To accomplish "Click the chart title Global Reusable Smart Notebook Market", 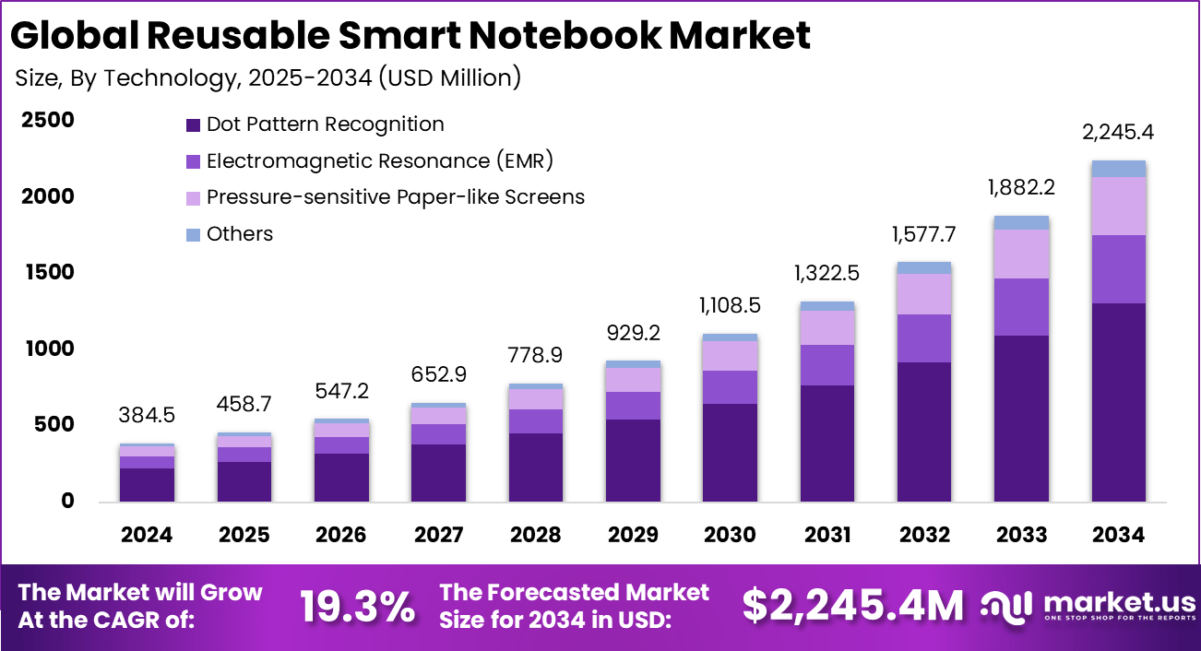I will [x=410, y=35].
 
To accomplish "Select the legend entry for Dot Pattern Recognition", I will [x=325, y=124].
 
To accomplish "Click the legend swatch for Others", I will [x=193, y=234].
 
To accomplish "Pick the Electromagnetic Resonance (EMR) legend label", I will [x=379, y=161].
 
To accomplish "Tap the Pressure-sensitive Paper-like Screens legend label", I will [x=395, y=197].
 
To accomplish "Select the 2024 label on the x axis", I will [x=147, y=536].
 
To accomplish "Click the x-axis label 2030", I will [x=730, y=536].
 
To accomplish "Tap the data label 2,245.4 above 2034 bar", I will [x=1117, y=133].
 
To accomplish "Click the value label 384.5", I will [x=147, y=416].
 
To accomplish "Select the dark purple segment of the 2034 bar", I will [x=1117, y=402].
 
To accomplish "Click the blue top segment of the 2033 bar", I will [x=1020, y=222].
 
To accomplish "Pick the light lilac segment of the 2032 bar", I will [x=923, y=294].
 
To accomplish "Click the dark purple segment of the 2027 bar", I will [x=438, y=473].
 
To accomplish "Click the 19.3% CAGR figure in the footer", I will [x=357, y=606].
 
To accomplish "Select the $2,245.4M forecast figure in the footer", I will [x=852, y=606].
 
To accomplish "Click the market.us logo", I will [x=1088, y=606].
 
